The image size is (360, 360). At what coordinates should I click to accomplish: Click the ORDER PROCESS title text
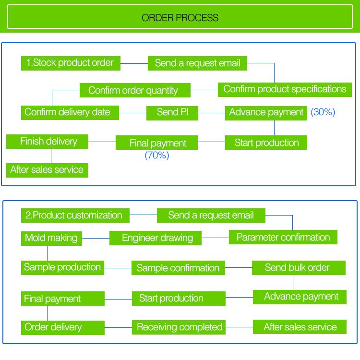pos(180,18)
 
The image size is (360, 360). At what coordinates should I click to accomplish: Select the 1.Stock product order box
pos(71,63)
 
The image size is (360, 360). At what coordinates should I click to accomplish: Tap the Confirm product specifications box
pos(285,90)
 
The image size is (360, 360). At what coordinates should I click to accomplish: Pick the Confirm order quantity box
pos(135,90)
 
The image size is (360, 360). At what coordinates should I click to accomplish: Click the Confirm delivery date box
pos(70,113)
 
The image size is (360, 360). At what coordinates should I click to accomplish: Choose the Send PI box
pos(172,113)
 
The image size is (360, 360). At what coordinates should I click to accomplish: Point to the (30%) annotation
pos(323,112)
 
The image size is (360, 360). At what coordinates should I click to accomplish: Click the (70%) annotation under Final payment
pos(157,155)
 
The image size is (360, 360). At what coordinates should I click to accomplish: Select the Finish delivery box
pos(48,142)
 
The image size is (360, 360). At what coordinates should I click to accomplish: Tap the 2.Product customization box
pos(75,216)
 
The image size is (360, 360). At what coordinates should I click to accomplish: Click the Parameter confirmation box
pos(283,237)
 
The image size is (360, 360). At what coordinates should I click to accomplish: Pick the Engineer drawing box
pos(156,238)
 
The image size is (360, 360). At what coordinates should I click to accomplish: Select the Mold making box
pos(51,239)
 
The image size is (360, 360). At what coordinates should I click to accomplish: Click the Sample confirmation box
pos(178,268)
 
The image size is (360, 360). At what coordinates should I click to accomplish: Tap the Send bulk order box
pos(299,268)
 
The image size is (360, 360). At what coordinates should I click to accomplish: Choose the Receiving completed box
pos(179,327)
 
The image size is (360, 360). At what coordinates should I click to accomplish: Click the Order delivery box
pos(63,328)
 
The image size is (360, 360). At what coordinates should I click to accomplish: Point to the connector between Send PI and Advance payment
pos(212,113)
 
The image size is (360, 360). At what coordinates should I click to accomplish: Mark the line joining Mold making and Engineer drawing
pos(96,238)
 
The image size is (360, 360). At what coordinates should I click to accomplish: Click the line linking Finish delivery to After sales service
pos(51,156)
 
